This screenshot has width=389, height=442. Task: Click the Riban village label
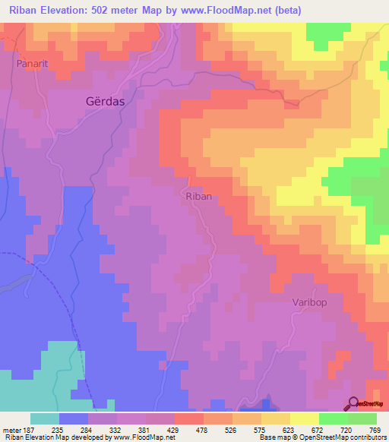pyautogui.click(x=198, y=196)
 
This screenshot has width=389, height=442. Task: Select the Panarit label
pyautogui.click(x=33, y=65)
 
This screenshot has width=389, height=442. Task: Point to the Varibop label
pyautogui.click(x=309, y=302)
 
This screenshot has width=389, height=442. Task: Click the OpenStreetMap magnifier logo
pyautogui.click(x=354, y=403)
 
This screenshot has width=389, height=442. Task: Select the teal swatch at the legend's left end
pyautogui.click(x=44, y=418)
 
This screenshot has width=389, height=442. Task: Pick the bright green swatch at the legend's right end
pyautogui.click(x=362, y=418)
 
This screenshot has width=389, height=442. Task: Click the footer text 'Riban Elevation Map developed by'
pyautogui.click(x=47, y=437)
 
